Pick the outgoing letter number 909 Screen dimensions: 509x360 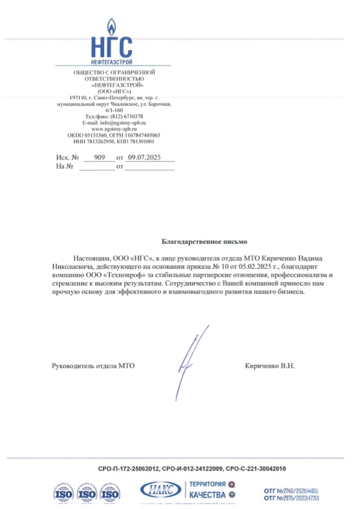[99, 157]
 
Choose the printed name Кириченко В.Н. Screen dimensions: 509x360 [270, 366]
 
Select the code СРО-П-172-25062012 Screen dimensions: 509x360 [129, 469]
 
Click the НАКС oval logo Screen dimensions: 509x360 [160, 489]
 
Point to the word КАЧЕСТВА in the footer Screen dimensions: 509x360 [208, 495]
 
